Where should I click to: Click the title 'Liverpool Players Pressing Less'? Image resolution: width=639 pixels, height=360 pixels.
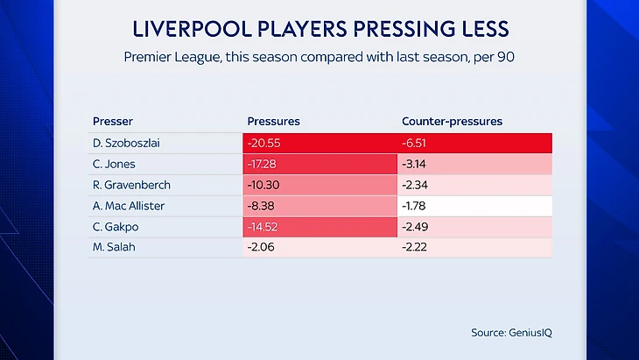(x=319, y=29)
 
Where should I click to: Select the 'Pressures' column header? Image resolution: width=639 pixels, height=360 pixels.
(x=274, y=121)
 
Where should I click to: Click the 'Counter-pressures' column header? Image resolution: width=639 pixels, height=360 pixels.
(x=452, y=121)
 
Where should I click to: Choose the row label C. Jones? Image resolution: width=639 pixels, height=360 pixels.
(x=114, y=164)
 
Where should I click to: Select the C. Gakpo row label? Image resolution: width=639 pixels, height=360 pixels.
(x=114, y=227)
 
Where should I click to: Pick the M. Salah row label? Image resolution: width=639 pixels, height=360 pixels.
(x=113, y=248)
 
